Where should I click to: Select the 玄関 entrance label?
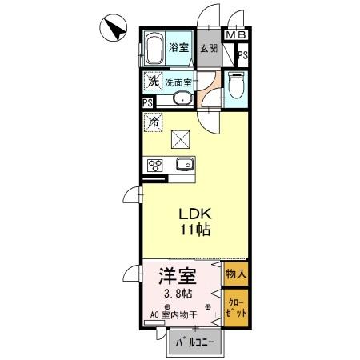pyautogui.click(x=208, y=48)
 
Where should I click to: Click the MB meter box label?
pyautogui.click(x=237, y=35)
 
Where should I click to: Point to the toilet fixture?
pyautogui.click(x=235, y=86)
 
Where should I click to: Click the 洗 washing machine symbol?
pyautogui.click(x=152, y=82)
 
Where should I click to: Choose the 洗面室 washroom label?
pyautogui.click(x=178, y=82)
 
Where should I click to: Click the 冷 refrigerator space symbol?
pyautogui.click(x=152, y=123)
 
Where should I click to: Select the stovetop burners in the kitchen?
pyautogui.click(x=153, y=166)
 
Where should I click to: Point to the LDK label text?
pyautogui.click(x=194, y=214)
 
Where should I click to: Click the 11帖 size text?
pyautogui.click(x=194, y=231)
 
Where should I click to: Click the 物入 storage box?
pyautogui.click(x=236, y=274)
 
